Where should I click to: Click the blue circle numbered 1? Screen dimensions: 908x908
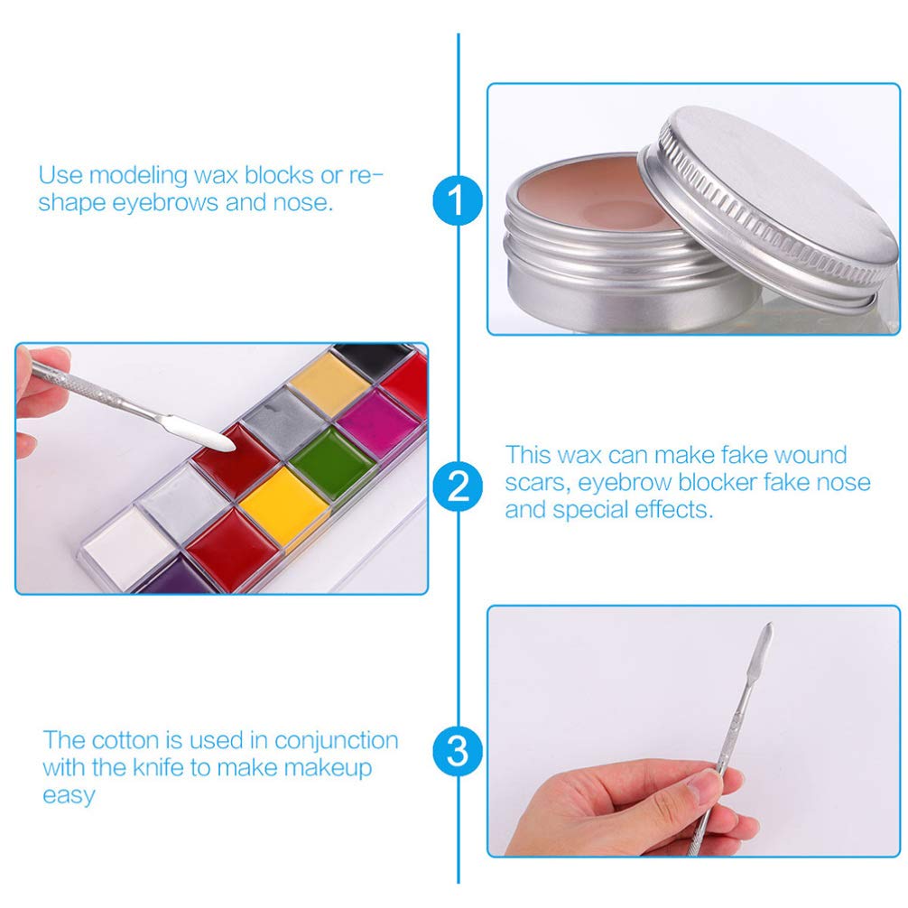[458, 201]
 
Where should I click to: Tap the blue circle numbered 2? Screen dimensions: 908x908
[458, 486]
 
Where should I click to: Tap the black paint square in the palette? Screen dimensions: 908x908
[374, 359]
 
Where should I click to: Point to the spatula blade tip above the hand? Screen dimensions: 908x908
[770, 625]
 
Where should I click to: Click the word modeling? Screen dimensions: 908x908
[138, 175]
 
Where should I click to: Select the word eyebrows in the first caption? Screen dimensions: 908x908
[165, 203]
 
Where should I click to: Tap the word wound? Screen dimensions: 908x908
[811, 455]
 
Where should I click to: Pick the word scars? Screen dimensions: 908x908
[534, 483]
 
